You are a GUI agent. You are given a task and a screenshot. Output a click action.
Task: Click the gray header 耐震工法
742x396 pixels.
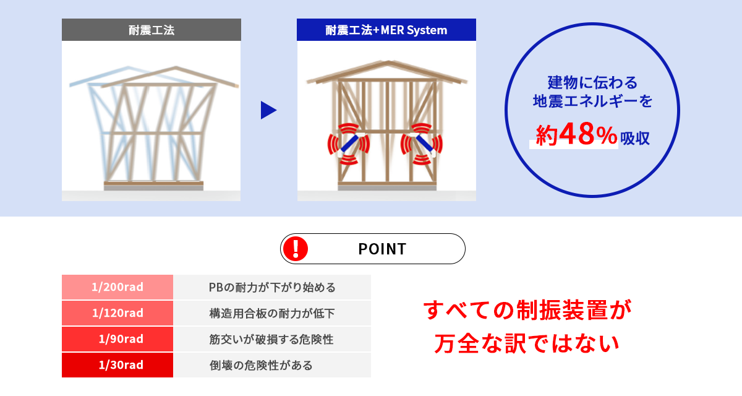(x=151, y=30)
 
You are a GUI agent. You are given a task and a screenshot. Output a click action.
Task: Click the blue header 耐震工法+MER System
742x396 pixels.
(x=386, y=30)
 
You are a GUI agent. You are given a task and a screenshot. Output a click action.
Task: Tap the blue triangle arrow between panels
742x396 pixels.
(x=268, y=110)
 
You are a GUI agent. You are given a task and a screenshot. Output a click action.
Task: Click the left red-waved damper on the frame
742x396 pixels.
(x=349, y=144)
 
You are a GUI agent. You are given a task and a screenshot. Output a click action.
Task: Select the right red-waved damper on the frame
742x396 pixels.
(x=422, y=144)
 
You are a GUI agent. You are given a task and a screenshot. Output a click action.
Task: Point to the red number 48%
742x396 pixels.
(x=588, y=134)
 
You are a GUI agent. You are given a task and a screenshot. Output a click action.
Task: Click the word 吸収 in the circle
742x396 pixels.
(x=635, y=138)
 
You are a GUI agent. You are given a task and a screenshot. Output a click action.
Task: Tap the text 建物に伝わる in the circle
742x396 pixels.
(x=592, y=82)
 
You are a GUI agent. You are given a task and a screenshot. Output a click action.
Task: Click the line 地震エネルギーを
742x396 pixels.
(x=592, y=101)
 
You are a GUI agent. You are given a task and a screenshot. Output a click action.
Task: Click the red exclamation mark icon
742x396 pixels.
(x=296, y=249)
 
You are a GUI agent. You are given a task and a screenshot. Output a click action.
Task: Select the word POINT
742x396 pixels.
(x=382, y=249)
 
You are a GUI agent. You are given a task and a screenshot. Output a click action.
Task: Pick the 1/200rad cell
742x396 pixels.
(x=117, y=287)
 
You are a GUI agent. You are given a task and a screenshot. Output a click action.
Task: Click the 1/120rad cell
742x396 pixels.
(x=117, y=313)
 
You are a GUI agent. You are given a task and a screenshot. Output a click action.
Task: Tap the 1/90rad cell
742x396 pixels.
(x=117, y=339)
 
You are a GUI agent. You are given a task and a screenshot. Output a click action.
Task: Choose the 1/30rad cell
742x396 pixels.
(x=117, y=365)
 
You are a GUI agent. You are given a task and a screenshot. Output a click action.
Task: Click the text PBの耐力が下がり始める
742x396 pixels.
(x=272, y=287)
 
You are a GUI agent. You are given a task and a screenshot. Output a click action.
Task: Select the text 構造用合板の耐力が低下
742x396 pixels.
(x=272, y=313)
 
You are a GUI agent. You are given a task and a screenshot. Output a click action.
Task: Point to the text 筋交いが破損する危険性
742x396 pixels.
(x=271, y=339)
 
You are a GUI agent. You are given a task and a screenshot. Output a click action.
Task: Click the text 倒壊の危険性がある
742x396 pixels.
(x=261, y=365)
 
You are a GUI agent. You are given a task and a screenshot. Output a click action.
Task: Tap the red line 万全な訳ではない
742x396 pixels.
(x=527, y=343)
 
